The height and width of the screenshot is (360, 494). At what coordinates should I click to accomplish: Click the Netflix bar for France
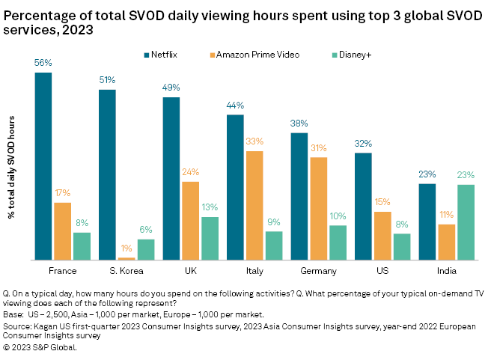[43, 166]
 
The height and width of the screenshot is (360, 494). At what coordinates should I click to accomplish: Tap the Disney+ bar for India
[466, 222]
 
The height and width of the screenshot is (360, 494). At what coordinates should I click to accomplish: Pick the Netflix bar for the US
[363, 206]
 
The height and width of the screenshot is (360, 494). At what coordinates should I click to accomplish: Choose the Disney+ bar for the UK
[210, 238]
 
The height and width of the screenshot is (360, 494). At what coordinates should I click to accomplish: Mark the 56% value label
[43, 63]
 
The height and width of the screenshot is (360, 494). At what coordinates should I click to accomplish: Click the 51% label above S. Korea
[107, 80]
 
